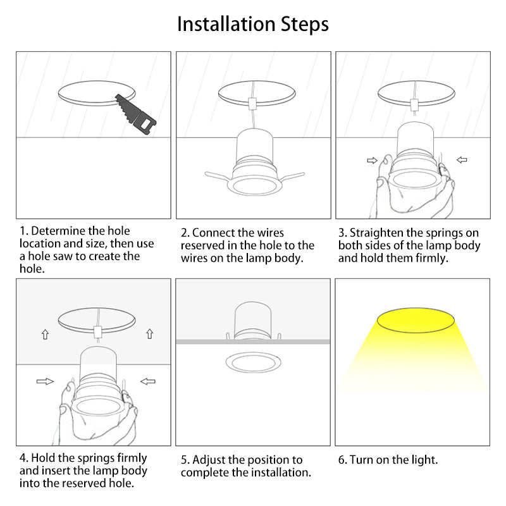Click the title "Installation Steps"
pyautogui.click(x=253, y=24)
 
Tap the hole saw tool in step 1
pyautogui.click(x=136, y=114)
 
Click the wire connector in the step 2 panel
pyautogui.click(x=252, y=103)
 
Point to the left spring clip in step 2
pyautogui.click(x=219, y=176)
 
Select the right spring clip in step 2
pyautogui.click(x=291, y=177)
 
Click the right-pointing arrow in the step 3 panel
pyautogui.click(x=372, y=160)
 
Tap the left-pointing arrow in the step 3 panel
pyautogui.click(x=462, y=159)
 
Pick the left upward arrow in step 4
pyautogui.click(x=45, y=335)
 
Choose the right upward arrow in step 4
pyautogui.click(x=149, y=334)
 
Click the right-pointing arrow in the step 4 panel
pyautogui.click(x=45, y=381)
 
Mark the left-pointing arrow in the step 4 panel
pyautogui.click(x=148, y=381)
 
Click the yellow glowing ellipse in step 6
pyautogui.click(x=416, y=320)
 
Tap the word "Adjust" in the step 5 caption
pyautogui.click(x=209, y=460)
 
